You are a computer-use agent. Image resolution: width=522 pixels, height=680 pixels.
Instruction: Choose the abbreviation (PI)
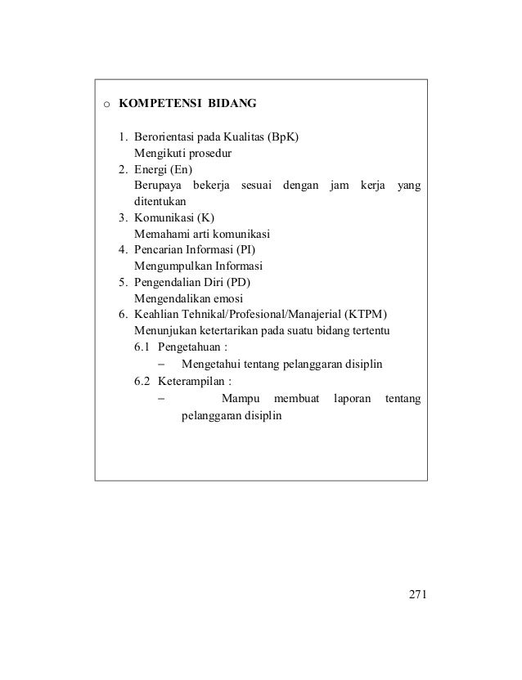tap(255, 249)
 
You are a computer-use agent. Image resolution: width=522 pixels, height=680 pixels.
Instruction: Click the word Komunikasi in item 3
tap(164, 217)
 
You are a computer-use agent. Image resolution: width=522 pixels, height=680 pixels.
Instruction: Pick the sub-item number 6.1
tap(142, 347)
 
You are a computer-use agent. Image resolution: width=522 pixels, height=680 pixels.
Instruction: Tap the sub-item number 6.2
tap(142, 381)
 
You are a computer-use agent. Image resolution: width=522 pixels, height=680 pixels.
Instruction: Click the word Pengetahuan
tap(191, 347)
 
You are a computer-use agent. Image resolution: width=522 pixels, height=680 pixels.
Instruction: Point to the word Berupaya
tap(157, 185)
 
